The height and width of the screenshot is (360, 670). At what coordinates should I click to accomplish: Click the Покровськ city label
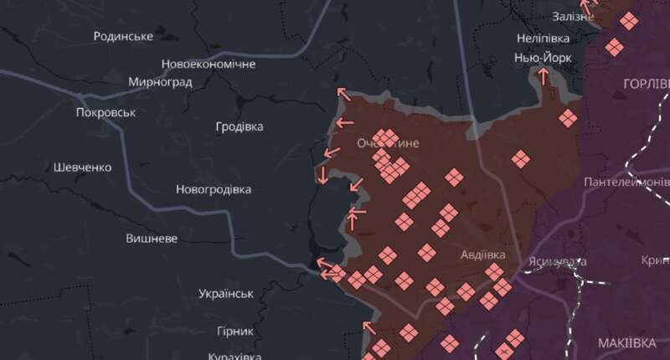106,112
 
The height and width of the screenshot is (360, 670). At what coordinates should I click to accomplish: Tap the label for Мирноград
161,82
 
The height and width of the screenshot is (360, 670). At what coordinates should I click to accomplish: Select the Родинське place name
123,36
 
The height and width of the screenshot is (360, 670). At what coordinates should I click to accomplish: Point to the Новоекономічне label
209,64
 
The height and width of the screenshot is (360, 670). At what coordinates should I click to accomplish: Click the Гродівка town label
239,126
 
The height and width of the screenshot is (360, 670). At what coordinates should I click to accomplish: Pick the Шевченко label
82,167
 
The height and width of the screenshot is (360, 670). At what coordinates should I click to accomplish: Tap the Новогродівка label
214,189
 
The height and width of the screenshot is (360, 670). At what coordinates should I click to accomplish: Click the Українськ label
226,294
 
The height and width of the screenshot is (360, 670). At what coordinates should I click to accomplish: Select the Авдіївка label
483,254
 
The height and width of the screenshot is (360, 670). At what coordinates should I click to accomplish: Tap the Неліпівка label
543,39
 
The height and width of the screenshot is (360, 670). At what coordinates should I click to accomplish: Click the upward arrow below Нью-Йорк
543,77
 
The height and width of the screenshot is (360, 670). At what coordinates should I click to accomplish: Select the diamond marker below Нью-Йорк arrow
568,118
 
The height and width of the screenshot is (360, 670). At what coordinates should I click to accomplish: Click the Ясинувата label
558,261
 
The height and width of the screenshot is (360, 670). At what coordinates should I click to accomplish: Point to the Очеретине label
388,143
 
